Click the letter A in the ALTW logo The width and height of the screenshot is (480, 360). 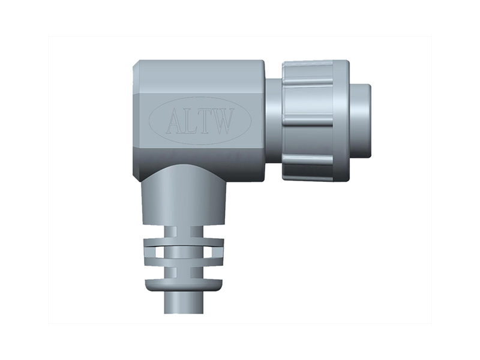click(x=174, y=121)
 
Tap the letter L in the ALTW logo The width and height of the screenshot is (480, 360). click(x=191, y=121)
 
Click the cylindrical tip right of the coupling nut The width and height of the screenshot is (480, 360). click(x=360, y=121)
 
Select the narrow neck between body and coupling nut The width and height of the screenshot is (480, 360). click(x=273, y=121)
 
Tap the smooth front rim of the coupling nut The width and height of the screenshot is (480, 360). click(x=341, y=121)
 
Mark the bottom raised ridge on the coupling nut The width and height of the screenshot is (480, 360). click(x=307, y=160)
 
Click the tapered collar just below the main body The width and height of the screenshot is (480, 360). click(x=182, y=198)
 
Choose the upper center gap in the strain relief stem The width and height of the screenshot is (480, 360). click(x=182, y=231)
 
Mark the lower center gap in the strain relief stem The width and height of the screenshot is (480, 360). click(x=182, y=271)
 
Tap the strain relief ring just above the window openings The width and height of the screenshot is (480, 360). click(x=182, y=242)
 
